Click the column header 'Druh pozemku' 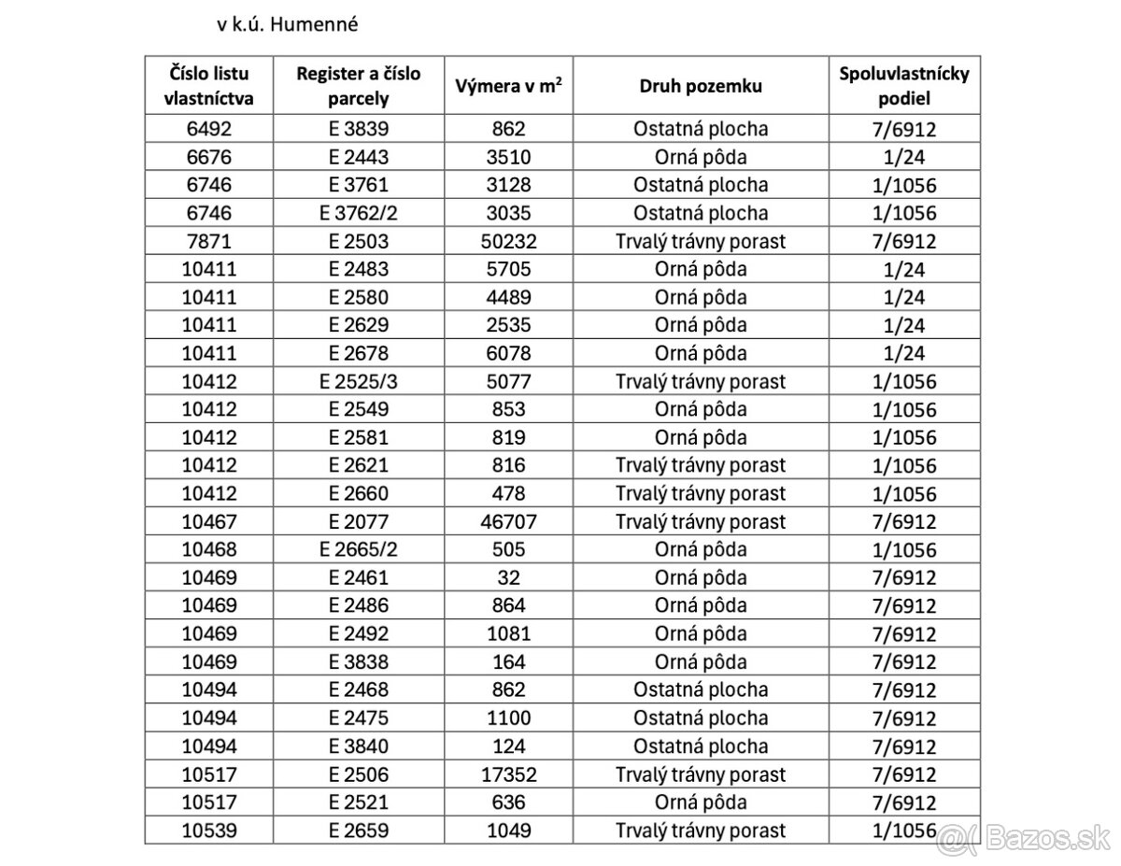[x=701, y=86]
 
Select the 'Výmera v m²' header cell [x=509, y=86]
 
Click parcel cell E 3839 [x=359, y=129]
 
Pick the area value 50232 [x=509, y=241]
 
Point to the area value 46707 [x=509, y=521]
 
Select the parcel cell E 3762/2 [x=359, y=213]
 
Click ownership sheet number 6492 [x=210, y=129]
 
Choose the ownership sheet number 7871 [x=210, y=241]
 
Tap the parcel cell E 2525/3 [x=359, y=381]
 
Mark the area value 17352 [x=509, y=774]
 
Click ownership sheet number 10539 [x=210, y=831]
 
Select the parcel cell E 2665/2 [x=359, y=549]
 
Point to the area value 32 [x=509, y=577]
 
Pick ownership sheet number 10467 [x=210, y=521]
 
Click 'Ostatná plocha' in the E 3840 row [x=701, y=746]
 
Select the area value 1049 [x=509, y=831]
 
